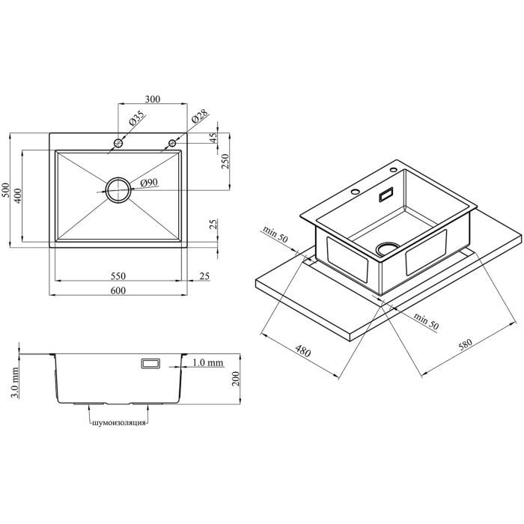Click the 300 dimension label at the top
153,99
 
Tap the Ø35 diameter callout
136,118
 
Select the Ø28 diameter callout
200,117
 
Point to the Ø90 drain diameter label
149,183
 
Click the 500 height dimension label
6,190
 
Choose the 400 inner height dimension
18,195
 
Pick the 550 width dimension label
118,275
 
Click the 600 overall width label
118,290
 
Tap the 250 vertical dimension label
225,162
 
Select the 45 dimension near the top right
213,136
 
